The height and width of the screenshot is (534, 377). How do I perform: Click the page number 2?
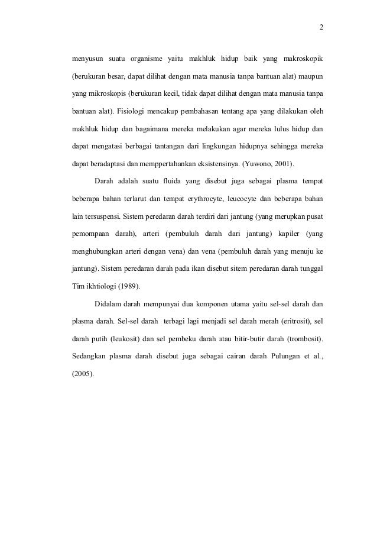(x=321, y=27)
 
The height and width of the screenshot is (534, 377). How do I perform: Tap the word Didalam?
(x=107, y=306)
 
